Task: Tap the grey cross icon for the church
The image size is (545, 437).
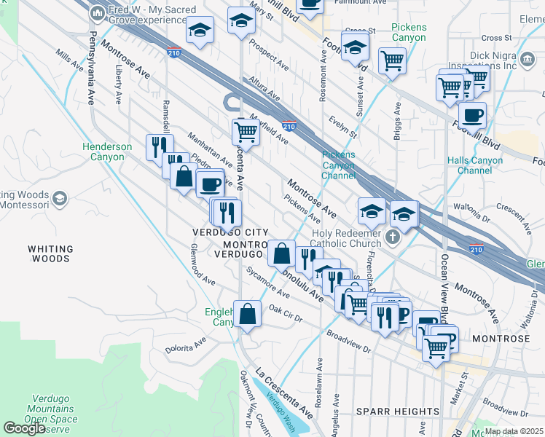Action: [x=393, y=237]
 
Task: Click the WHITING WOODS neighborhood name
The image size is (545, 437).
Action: [x=50, y=253]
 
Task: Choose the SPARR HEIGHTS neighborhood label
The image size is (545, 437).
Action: [x=397, y=412]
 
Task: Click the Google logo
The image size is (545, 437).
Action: [x=24, y=428]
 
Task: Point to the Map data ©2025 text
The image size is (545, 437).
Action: [x=514, y=431]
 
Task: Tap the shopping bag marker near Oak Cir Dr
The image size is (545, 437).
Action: [x=248, y=314]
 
